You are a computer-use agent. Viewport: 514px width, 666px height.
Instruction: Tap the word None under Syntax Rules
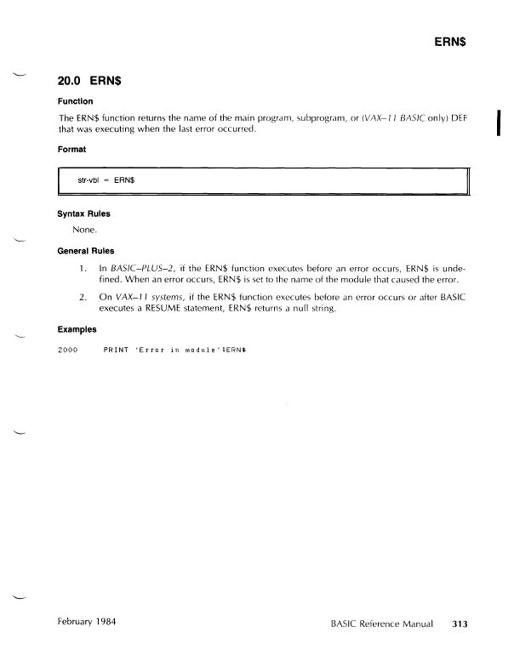(x=86, y=230)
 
